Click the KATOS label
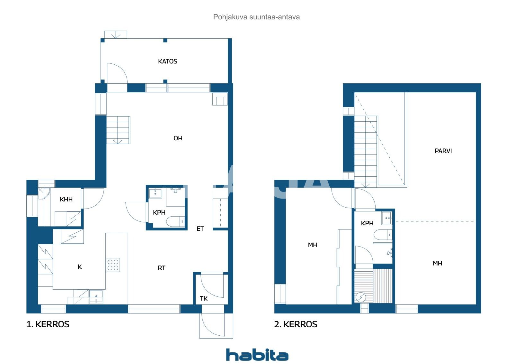point(167,61)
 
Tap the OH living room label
point(178,138)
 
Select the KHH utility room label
point(66,199)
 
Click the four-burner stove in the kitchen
point(113,265)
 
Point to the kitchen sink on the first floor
point(96,297)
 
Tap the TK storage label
point(204,298)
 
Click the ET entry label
point(200,229)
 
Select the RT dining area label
point(161,268)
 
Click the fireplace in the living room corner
point(220,99)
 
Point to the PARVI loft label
point(443,151)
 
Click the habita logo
point(257,355)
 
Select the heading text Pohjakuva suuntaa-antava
point(256,17)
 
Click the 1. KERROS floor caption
point(48,324)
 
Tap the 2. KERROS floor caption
point(296,324)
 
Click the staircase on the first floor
point(118,130)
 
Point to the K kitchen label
point(80,267)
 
